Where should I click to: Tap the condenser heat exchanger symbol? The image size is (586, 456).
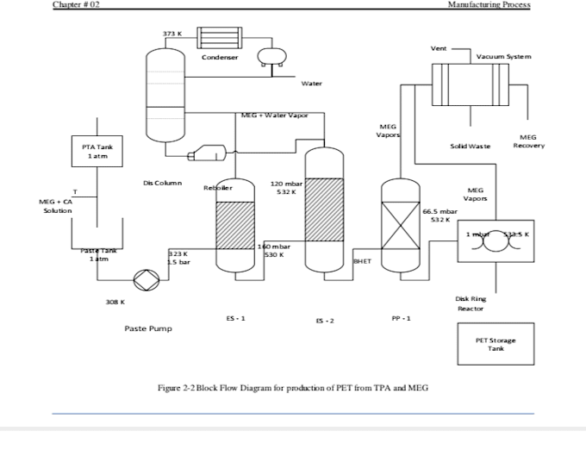point(222,37)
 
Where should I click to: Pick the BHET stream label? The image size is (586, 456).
point(362,259)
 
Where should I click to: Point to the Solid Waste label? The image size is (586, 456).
point(470,147)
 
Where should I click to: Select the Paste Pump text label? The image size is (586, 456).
point(148,328)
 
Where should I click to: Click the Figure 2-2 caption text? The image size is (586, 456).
point(293,388)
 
